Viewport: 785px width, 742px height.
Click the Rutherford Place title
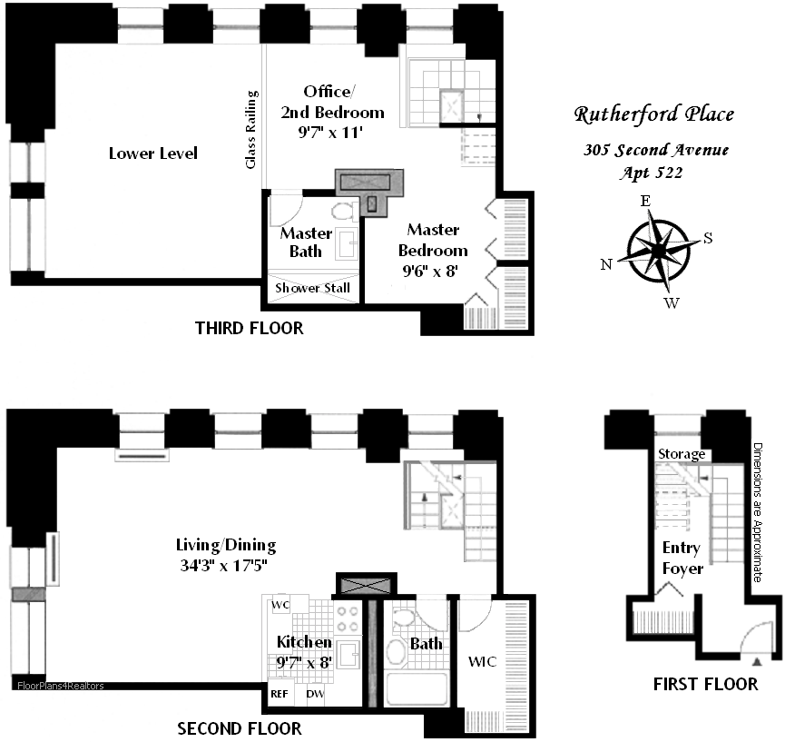pyautogui.click(x=653, y=114)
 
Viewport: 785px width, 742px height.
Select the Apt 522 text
pyautogui.click(x=653, y=172)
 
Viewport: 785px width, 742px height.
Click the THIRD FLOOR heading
pyautogui.click(x=249, y=328)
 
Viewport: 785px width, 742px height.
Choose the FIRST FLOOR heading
pyautogui.click(x=705, y=684)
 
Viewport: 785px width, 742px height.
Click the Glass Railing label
pyautogui.click(x=252, y=129)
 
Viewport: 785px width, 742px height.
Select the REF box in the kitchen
pyautogui.click(x=280, y=694)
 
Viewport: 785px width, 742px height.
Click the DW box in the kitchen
pyautogui.click(x=315, y=694)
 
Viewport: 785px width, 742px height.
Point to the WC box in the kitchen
pyautogui.click(x=280, y=606)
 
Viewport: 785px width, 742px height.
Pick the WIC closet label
pyautogui.click(x=481, y=662)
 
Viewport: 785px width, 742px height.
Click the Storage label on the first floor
pyautogui.click(x=681, y=454)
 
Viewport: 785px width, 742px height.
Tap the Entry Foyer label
pyautogui.click(x=682, y=558)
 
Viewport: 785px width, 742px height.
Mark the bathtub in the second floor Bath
pyautogui.click(x=417, y=688)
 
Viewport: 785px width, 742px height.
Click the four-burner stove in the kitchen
pyautogui.click(x=348, y=618)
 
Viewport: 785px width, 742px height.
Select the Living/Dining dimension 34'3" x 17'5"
pyautogui.click(x=227, y=565)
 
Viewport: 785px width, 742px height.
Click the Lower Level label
pyautogui.click(x=152, y=153)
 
